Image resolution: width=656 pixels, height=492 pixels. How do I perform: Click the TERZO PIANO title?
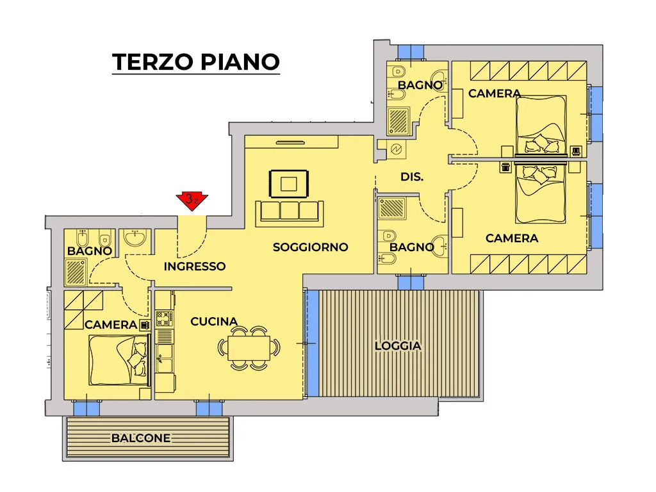196,62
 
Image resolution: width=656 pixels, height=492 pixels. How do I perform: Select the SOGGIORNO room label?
311,247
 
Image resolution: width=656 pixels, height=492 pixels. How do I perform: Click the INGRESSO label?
195,266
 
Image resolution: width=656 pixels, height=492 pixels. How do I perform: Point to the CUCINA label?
214,322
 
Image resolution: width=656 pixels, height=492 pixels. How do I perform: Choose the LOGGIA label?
398,346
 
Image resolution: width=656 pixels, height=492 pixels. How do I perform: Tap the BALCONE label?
141,438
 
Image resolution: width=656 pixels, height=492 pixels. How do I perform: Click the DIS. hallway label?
412,177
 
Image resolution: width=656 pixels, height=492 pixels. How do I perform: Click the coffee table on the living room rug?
289,184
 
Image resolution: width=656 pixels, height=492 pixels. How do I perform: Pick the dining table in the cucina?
249,347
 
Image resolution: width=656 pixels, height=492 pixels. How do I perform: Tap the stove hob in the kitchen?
165,318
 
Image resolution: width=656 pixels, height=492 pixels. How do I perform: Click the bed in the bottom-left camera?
119,360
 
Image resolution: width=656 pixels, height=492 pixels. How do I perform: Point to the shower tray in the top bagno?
398,121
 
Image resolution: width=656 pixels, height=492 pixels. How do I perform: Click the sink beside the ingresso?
135,238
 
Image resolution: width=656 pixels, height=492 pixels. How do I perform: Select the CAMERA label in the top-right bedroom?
495,94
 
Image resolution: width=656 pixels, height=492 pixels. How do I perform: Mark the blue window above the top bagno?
411,52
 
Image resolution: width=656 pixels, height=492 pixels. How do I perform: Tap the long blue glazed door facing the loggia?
313,343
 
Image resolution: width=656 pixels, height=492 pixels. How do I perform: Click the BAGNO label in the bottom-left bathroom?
90,251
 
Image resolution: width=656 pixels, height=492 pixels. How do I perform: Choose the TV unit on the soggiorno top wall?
291,142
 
